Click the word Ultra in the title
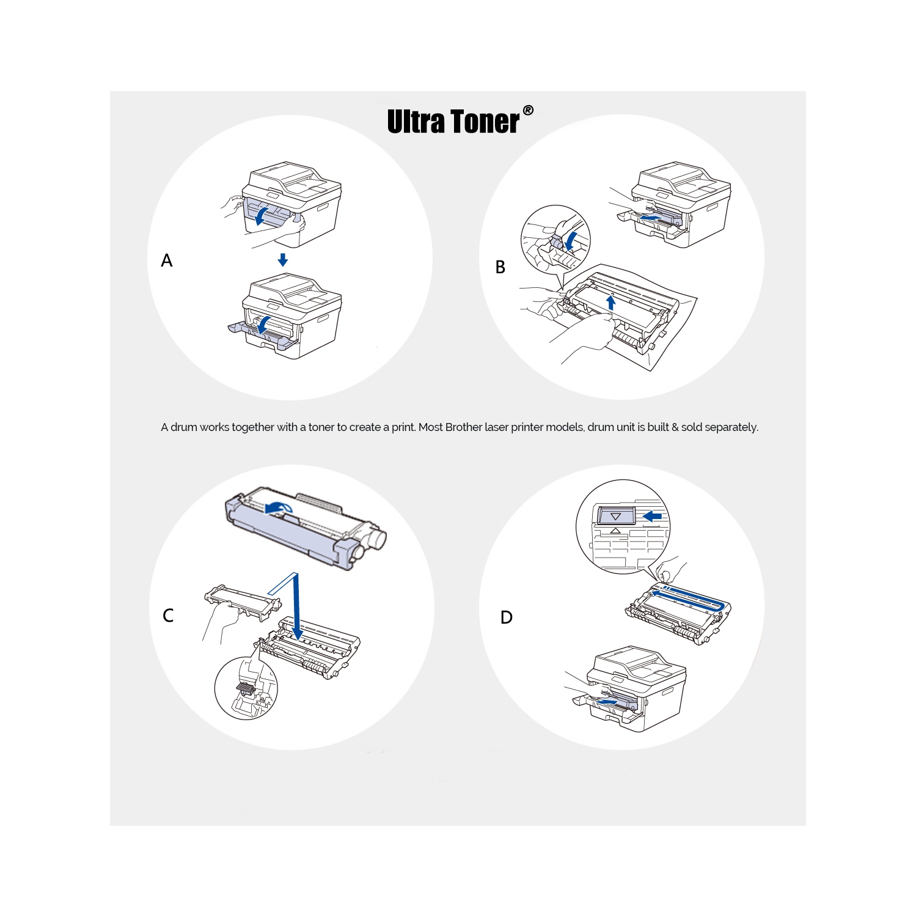coord(416,121)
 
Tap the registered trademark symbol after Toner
coord(528,111)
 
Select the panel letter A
coord(167,261)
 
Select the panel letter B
coord(500,267)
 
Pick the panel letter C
coord(168,616)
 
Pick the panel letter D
coord(507,617)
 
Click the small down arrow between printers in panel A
coord(282,260)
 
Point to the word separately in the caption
coord(731,427)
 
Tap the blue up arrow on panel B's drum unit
coord(610,302)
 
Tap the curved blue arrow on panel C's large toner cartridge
coord(279,507)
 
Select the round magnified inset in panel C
coord(246,688)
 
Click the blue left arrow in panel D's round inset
coord(653,517)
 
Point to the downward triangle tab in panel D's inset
coord(615,517)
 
